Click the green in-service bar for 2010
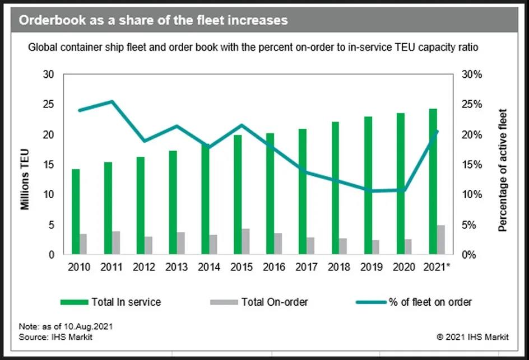(76, 212)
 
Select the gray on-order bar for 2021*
(441, 240)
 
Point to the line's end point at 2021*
(438, 132)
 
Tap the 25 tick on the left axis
(50, 105)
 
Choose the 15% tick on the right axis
(471, 165)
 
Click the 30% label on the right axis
(471, 74)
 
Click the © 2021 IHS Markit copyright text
(472, 337)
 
